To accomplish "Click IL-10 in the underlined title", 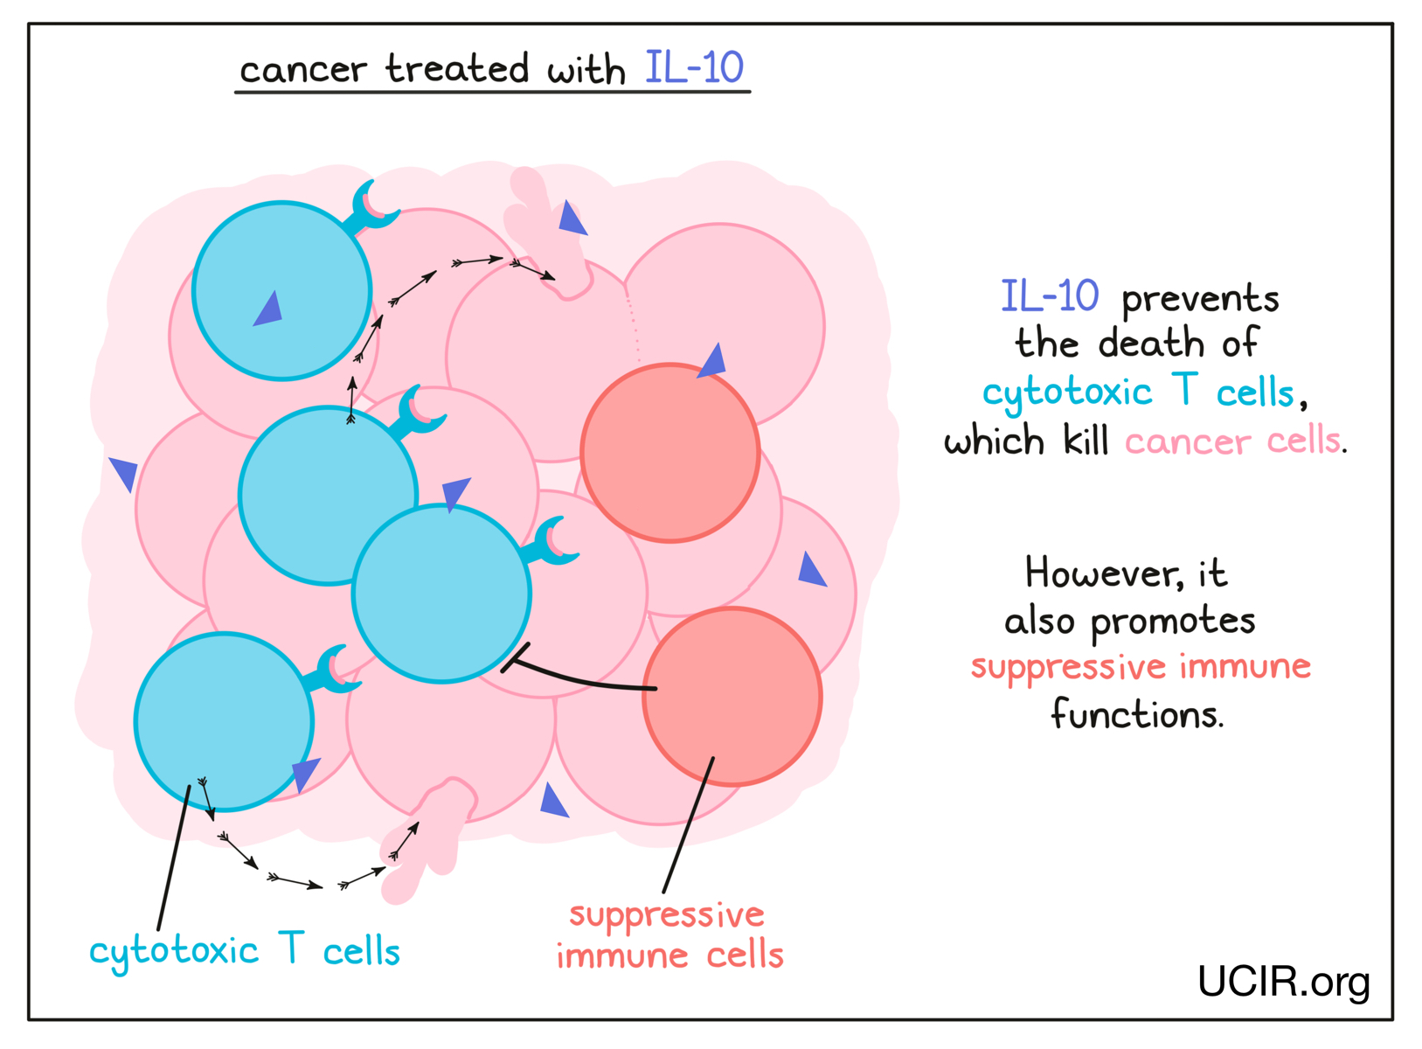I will (x=694, y=67).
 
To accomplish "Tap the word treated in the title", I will (x=457, y=68).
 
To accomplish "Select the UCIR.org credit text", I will (x=1282, y=982).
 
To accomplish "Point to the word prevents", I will (x=1200, y=299).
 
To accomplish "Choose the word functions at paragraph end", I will (x=1135, y=714).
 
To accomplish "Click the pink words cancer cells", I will (x=1232, y=440).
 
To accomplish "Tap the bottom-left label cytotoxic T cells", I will (x=245, y=950).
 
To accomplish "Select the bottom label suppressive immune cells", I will (x=669, y=935).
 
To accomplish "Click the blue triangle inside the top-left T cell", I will (x=269, y=309).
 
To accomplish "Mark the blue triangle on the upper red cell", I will (x=713, y=360).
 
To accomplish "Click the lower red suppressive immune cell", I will (x=732, y=696).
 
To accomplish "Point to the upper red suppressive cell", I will (x=669, y=453).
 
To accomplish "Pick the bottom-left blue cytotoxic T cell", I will (x=224, y=721).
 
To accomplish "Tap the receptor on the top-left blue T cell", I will (x=374, y=208).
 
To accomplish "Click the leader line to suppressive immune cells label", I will (x=688, y=826).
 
